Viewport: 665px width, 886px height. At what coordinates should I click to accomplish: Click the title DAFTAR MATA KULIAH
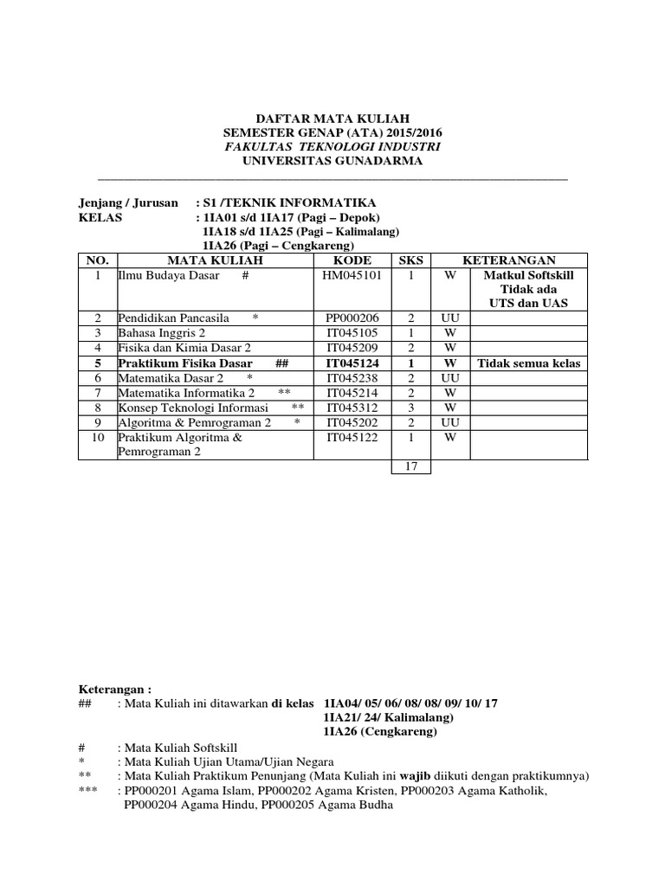pos(332,118)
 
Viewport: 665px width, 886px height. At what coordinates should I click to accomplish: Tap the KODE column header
pos(352,260)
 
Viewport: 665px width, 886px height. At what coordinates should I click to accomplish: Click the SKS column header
pos(408,260)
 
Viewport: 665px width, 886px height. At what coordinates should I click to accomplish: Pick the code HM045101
pos(352,275)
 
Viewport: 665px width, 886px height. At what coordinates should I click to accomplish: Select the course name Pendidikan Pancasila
pos(174,318)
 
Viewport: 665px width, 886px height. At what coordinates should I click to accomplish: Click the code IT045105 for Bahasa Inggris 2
pos(352,333)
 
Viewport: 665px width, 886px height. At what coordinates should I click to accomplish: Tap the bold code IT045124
pos(352,363)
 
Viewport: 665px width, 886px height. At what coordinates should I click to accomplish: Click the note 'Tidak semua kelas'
pos(528,363)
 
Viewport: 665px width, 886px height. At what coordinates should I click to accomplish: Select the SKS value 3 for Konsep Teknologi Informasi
pos(411,408)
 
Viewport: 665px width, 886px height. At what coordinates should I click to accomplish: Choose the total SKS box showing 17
pos(411,466)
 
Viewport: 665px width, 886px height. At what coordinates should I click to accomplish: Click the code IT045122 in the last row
pos(352,438)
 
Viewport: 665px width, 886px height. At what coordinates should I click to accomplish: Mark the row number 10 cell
pos(98,438)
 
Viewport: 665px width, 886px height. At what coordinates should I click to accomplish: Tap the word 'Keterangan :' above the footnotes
pos(114,690)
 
